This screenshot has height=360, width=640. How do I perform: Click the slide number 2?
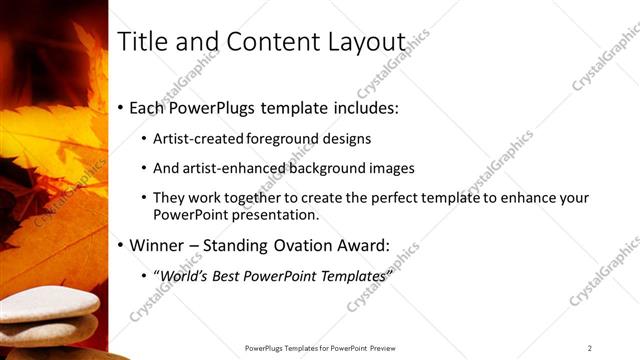pos(590,348)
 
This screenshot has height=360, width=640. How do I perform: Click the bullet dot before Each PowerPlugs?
pos(121,107)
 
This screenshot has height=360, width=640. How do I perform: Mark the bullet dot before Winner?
pos(121,244)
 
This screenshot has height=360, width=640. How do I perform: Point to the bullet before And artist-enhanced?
pos(144,169)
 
